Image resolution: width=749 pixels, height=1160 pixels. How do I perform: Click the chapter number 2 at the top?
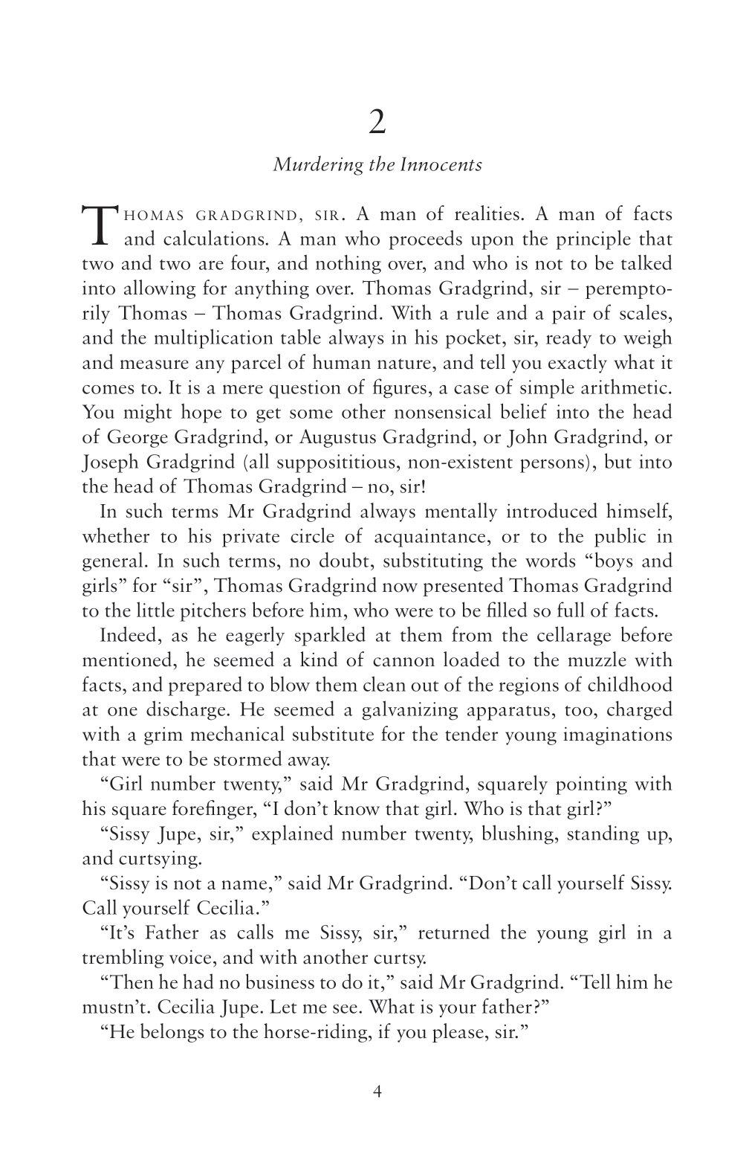[377, 123]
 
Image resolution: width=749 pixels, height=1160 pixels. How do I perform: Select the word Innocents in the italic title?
[441, 164]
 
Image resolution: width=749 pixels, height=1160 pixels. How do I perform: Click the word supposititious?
[331, 462]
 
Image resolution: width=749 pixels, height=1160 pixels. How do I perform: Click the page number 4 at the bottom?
[377, 1092]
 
